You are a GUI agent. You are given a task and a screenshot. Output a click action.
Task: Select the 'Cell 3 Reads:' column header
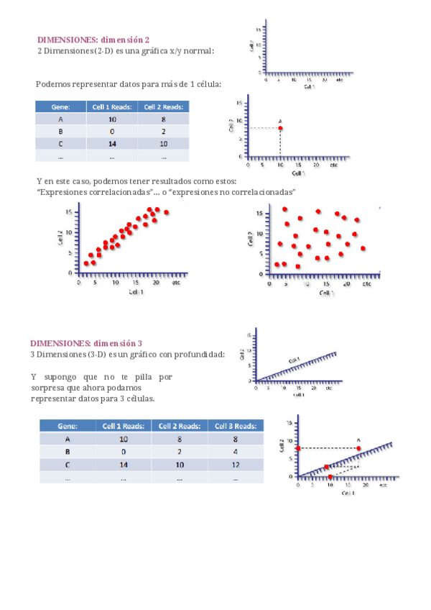(x=235, y=425)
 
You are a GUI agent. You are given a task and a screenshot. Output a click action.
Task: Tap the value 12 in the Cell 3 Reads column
(x=235, y=465)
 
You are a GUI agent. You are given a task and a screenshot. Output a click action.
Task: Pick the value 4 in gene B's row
(x=235, y=452)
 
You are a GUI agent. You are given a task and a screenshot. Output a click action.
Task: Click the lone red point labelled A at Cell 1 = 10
(x=280, y=128)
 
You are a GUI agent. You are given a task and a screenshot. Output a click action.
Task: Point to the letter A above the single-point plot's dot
(x=280, y=120)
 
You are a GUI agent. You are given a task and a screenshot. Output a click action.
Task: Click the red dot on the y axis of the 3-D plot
(x=298, y=448)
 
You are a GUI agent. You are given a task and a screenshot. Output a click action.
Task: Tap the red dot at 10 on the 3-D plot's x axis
(x=330, y=476)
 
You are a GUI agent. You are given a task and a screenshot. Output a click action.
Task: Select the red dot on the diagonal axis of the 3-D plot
(x=327, y=467)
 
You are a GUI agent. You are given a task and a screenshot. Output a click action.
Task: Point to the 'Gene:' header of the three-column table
(x=60, y=106)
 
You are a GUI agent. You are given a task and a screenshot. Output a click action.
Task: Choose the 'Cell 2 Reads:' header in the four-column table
(x=180, y=425)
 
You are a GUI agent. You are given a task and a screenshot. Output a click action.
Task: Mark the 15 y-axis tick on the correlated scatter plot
(x=67, y=212)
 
